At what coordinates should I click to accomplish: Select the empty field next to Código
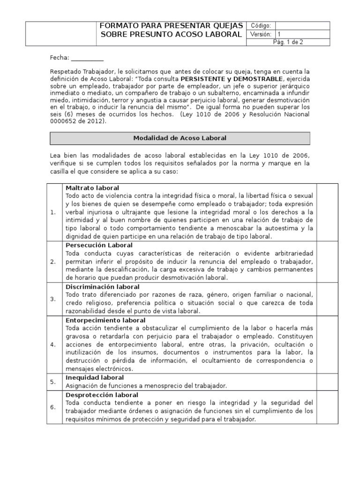(x=302, y=26)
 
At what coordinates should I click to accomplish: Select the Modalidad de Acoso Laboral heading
(x=180, y=138)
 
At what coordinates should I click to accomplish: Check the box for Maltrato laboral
(x=327, y=212)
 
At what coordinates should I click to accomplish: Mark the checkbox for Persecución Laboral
(x=327, y=262)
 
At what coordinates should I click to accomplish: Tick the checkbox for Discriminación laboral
(x=327, y=299)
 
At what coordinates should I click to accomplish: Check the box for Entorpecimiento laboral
(x=327, y=344)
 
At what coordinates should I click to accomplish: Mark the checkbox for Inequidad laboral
(x=327, y=382)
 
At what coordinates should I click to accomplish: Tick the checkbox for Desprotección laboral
(x=327, y=407)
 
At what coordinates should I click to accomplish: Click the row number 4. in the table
(x=53, y=344)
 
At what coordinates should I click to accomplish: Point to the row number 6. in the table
(x=53, y=407)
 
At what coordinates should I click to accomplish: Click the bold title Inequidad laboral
(x=95, y=377)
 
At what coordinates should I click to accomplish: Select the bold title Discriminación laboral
(x=102, y=286)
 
